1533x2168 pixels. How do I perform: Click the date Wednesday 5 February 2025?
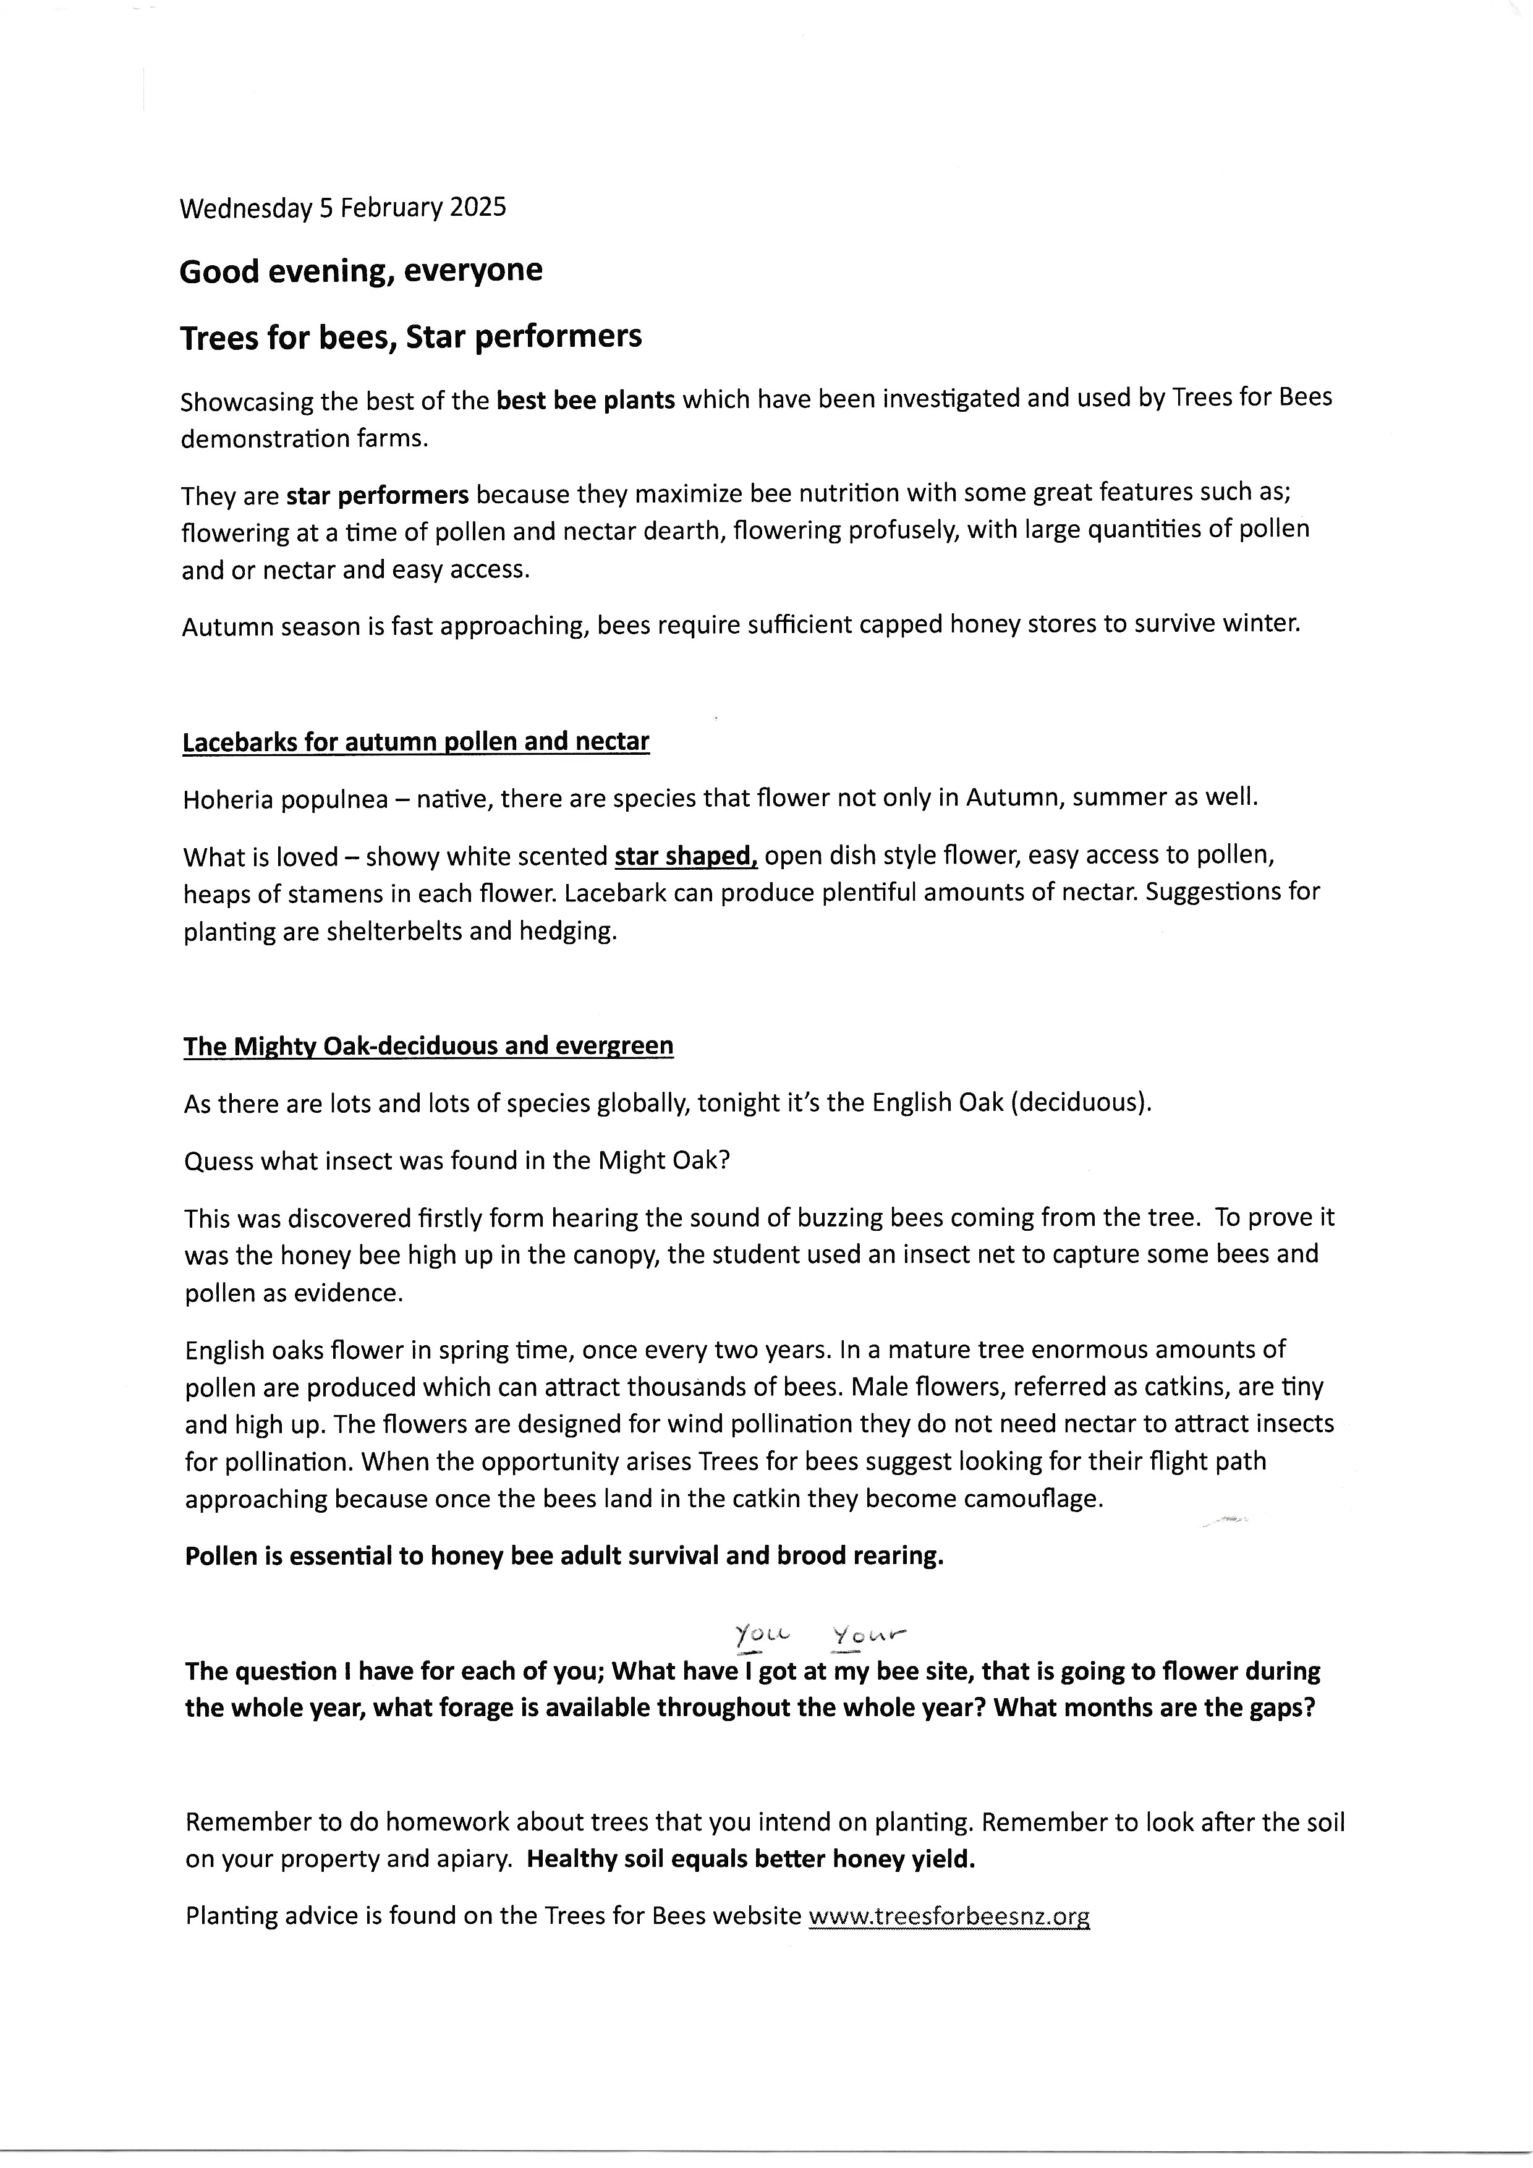342,208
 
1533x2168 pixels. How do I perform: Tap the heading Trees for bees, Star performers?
410,337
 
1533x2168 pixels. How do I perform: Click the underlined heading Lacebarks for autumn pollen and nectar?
415,741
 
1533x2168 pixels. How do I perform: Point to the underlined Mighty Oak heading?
428,1046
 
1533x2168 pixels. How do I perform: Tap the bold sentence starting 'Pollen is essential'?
564,1556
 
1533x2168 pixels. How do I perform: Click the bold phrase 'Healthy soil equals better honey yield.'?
750,1860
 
